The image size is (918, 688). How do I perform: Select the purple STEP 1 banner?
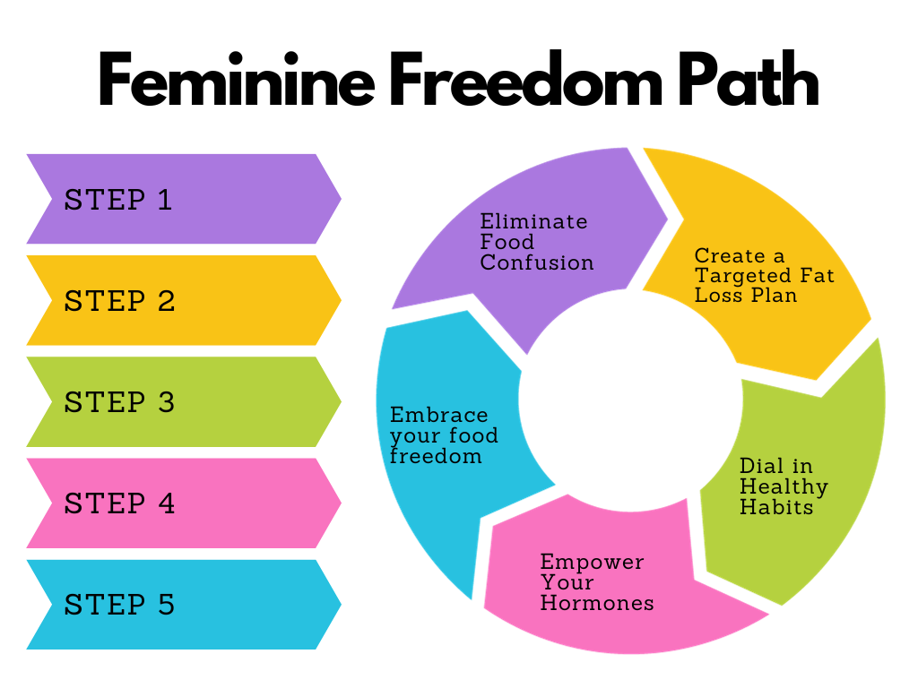pyautogui.click(x=179, y=199)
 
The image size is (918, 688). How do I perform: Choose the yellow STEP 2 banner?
pyautogui.click(x=179, y=301)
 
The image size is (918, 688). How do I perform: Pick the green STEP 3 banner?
pyautogui.click(x=179, y=402)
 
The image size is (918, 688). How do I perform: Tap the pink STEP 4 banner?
pyautogui.click(x=179, y=503)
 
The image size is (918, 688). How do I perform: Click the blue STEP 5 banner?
pyautogui.click(x=179, y=605)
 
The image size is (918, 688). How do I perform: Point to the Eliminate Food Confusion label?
pyautogui.click(x=536, y=242)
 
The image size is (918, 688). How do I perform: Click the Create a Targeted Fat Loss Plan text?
pyautogui.click(x=764, y=275)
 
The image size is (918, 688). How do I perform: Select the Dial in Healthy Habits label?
pyautogui.click(x=783, y=486)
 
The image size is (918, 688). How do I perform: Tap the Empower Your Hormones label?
pyautogui.click(x=596, y=582)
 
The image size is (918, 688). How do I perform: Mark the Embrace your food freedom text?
pyautogui.click(x=444, y=436)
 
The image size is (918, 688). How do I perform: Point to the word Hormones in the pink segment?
pyautogui.click(x=596, y=603)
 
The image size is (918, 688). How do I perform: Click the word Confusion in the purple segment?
pyautogui.click(x=536, y=262)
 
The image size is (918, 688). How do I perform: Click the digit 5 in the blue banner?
pyautogui.click(x=165, y=605)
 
